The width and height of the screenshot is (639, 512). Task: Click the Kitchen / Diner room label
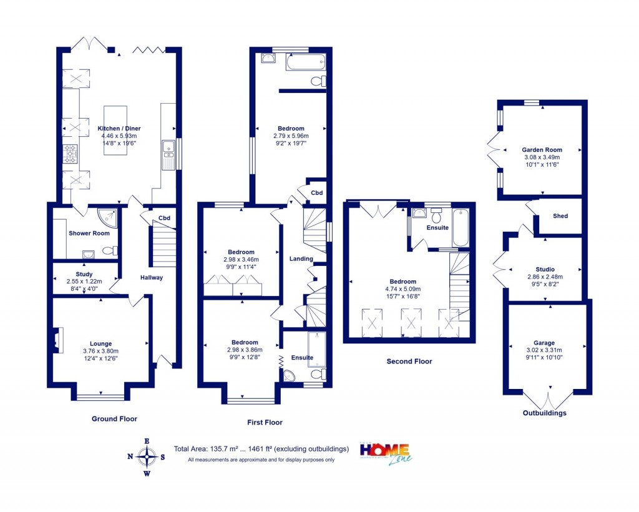point(119,129)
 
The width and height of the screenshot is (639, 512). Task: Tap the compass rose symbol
point(147,457)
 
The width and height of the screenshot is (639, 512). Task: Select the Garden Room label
point(542,150)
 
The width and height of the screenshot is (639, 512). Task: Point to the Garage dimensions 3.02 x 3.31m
point(544,350)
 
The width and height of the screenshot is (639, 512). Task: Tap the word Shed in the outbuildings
point(560,216)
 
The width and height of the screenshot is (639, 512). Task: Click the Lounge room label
point(101,343)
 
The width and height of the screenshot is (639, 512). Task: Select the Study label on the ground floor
point(84,274)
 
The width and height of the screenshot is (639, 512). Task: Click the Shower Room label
point(89,234)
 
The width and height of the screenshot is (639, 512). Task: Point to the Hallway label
point(151,277)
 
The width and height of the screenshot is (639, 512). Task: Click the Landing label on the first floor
point(301,258)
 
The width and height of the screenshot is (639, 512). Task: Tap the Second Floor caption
point(409,361)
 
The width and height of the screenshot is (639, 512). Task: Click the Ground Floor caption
point(114,418)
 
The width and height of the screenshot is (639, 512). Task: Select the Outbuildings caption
point(545,413)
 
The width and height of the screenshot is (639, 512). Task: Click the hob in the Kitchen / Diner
point(71,154)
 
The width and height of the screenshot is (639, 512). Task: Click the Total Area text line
point(261,448)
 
